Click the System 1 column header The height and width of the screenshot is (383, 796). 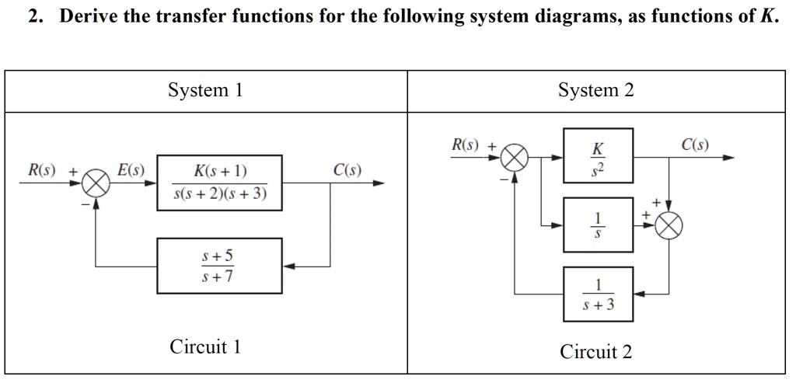[206, 91]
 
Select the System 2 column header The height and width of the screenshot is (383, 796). [596, 91]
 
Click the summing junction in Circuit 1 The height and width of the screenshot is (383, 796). [96, 183]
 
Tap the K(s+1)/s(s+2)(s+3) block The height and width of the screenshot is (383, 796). [220, 183]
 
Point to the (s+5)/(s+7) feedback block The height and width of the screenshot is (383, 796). [220, 266]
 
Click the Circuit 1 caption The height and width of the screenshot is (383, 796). [206, 346]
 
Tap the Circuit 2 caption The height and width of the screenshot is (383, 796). [596, 352]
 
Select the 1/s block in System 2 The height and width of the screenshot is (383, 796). [598, 225]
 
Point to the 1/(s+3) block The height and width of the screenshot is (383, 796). [598, 294]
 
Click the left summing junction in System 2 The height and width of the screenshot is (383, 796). [514, 158]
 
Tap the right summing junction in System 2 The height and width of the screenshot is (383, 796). [669, 226]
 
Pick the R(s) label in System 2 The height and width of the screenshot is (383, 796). [466, 144]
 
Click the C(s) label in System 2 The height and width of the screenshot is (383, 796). [694, 144]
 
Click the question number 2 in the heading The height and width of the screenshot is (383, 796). [35, 16]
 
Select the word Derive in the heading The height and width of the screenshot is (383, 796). [90, 16]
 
